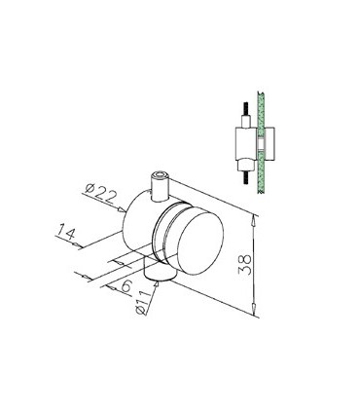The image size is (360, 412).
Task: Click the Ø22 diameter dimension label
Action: [x=101, y=194]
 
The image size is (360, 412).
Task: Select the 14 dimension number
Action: [x=66, y=232]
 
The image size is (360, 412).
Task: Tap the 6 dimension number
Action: [x=126, y=285]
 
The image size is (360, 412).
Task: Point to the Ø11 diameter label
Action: [x=144, y=301]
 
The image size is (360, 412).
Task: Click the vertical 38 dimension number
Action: [x=245, y=264]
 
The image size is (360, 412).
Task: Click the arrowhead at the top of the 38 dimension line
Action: [x=254, y=220]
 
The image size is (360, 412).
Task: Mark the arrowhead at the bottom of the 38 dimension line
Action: [x=254, y=308]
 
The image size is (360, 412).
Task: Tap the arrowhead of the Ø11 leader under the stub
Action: [x=158, y=284]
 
